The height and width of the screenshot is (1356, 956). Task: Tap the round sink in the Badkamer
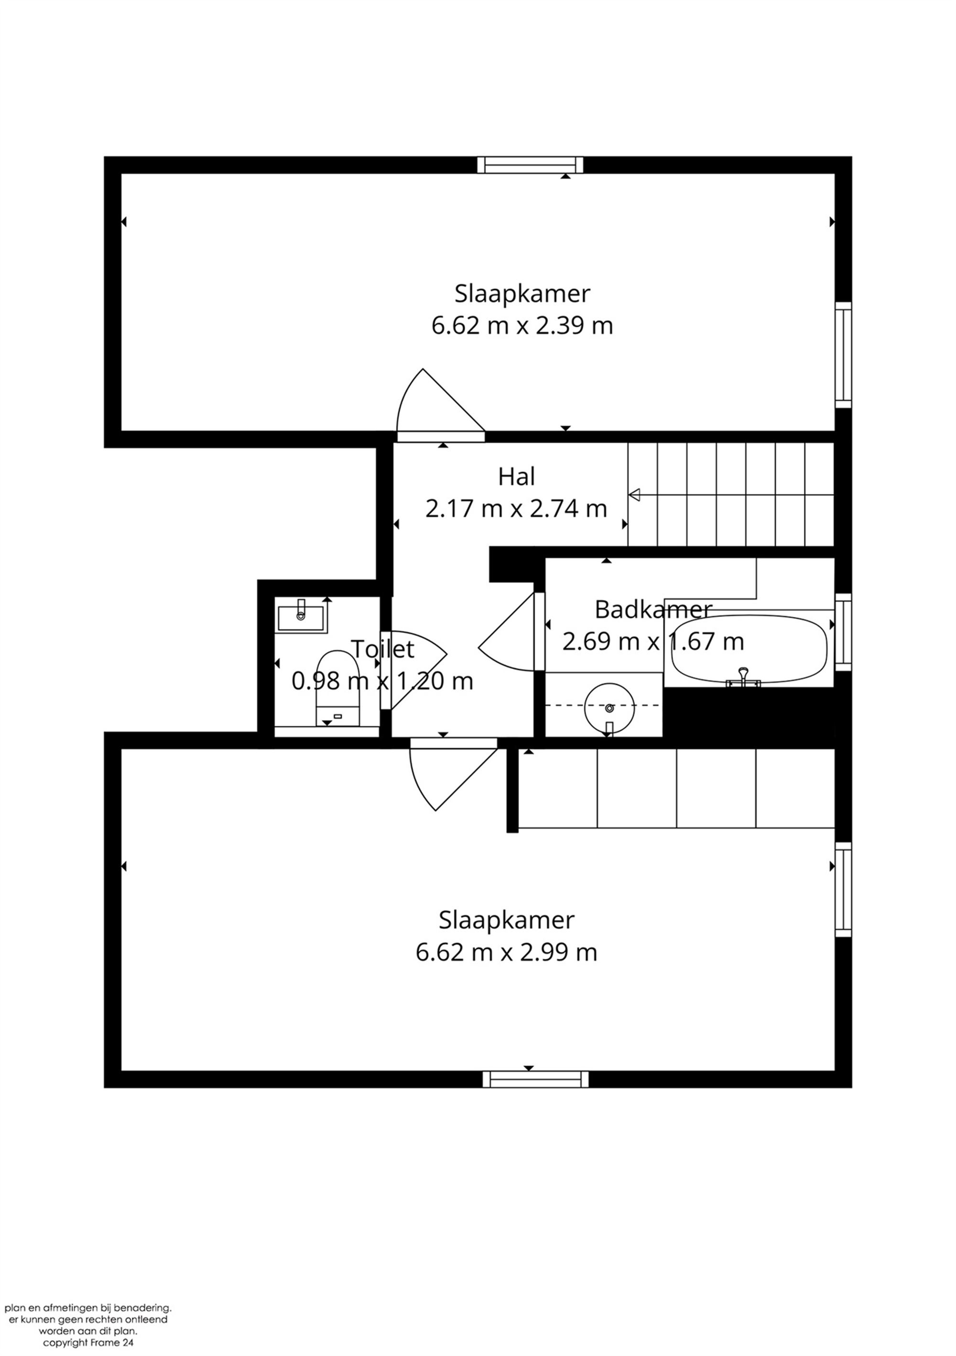608,707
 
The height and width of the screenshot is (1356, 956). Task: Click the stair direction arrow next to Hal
635,495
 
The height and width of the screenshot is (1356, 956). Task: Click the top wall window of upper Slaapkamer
530,165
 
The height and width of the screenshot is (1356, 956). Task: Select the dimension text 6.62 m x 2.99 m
506,952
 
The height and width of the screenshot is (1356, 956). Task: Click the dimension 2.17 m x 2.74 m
516,508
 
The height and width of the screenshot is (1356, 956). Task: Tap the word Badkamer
653,610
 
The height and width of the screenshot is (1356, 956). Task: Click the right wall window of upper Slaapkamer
843,355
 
